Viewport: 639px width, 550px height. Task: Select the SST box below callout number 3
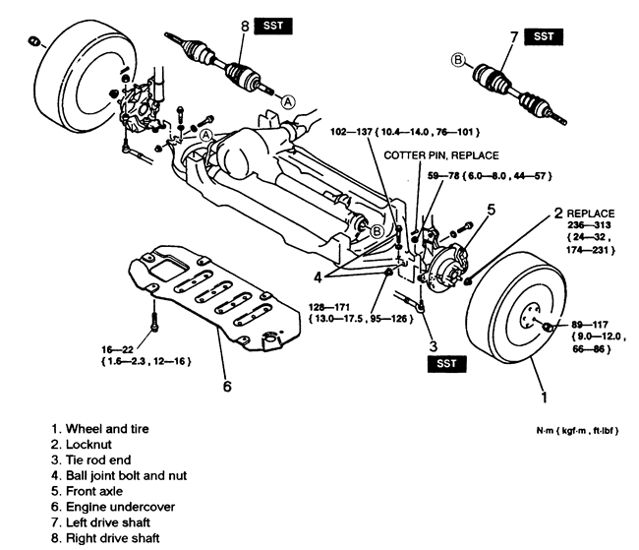click(x=446, y=364)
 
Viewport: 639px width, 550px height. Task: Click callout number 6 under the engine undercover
click(x=226, y=386)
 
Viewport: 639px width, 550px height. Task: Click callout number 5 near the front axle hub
click(x=491, y=210)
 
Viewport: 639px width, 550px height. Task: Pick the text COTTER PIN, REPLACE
click(x=441, y=154)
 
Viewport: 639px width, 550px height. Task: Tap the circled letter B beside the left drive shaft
click(x=456, y=59)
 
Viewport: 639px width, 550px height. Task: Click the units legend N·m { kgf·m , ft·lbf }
click(x=575, y=431)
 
